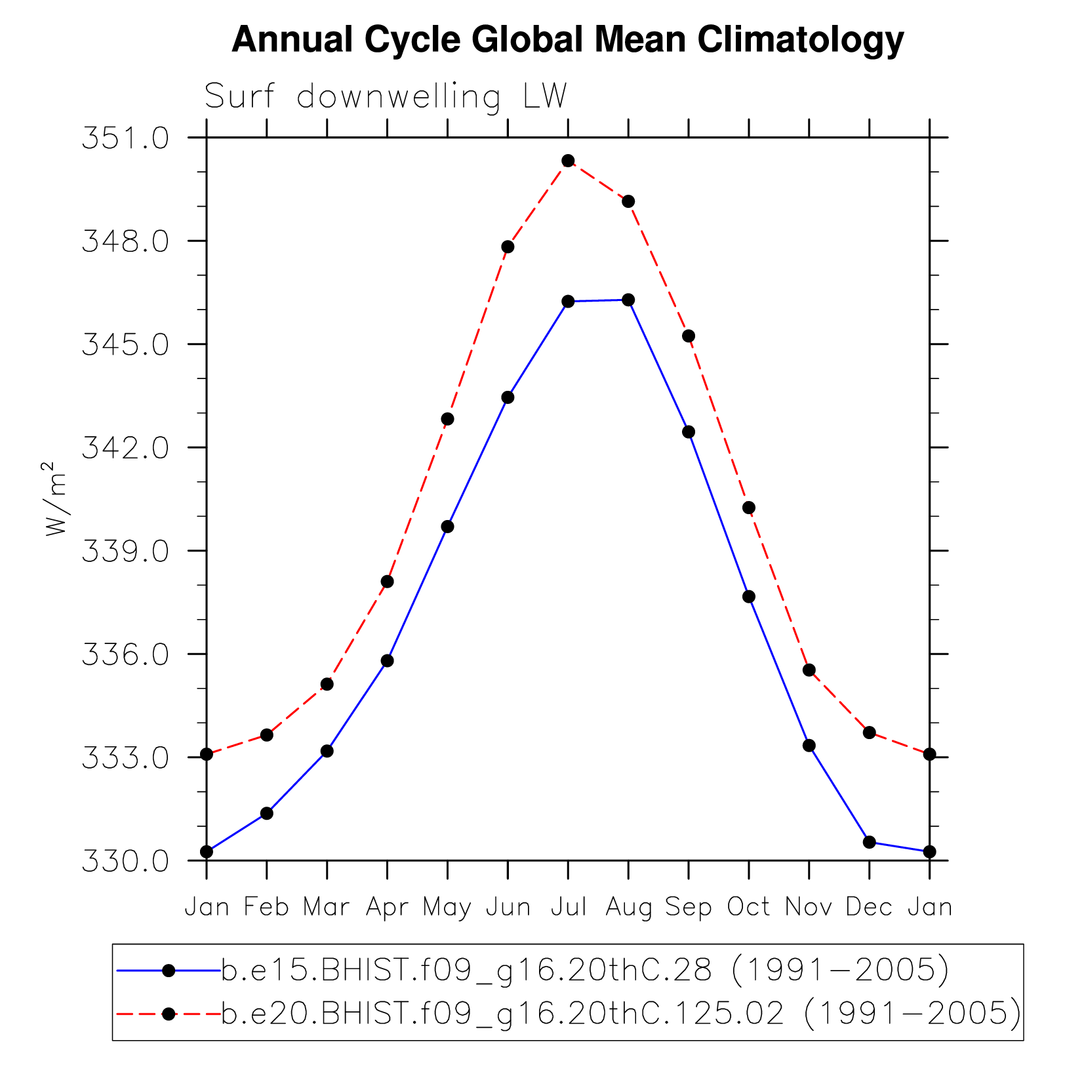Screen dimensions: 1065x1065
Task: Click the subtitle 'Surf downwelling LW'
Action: point(385,96)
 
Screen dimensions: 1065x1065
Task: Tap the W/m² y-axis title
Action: point(56,499)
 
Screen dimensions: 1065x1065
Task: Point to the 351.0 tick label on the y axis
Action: point(125,138)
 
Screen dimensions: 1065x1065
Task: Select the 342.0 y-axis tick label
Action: point(125,448)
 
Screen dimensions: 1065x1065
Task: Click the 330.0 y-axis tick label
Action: point(125,861)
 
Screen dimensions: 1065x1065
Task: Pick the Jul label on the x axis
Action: point(568,907)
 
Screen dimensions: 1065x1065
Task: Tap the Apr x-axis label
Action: point(387,907)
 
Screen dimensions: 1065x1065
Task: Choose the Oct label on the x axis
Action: point(748,907)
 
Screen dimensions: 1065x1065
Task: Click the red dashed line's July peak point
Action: point(568,161)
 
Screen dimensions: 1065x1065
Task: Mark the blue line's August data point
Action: point(628,300)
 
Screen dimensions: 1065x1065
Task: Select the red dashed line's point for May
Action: point(447,419)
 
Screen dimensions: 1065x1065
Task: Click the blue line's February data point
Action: point(267,813)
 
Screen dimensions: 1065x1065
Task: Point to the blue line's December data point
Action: point(869,842)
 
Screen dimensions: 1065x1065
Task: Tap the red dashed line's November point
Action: point(809,670)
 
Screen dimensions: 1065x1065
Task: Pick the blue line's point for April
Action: point(387,660)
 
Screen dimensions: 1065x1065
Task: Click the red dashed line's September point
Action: point(689,336)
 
